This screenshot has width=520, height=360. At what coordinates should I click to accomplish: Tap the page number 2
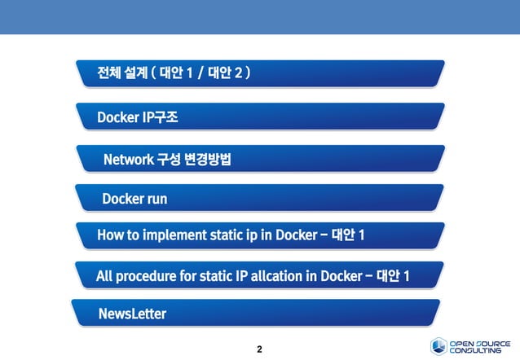[x=259, y=350]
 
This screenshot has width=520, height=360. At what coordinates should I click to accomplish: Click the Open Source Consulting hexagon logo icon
[x=438, y=345]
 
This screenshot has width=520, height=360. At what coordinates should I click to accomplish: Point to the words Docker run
[x=134, y=198]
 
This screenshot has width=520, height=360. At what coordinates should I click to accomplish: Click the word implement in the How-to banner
[x=174, y=236]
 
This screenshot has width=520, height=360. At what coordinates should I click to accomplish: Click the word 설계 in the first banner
[x=135, y=75]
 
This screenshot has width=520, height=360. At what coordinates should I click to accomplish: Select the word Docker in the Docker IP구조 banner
[x=117, y=118]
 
